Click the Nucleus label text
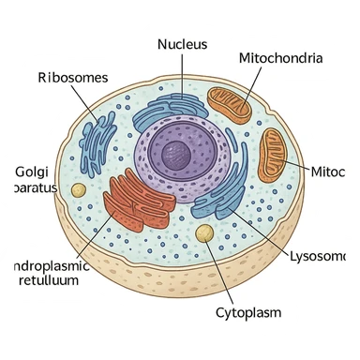(182, 44)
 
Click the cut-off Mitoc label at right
(334, 172)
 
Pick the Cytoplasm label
(248, 311)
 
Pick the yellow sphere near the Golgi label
(79, 190)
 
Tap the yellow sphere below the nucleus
(203, 232)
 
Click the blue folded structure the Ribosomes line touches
(98, 141)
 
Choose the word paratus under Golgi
(28, 187)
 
